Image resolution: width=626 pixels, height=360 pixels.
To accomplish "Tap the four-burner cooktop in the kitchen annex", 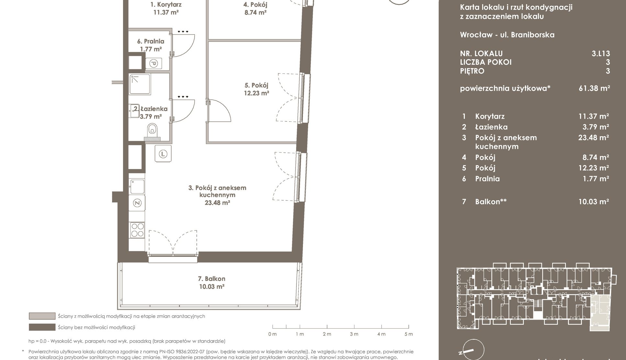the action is [x=137, y=230].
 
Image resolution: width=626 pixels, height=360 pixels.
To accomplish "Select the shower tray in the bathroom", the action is [x=140, y=84].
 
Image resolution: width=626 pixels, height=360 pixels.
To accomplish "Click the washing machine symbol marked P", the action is [x=154, y=63].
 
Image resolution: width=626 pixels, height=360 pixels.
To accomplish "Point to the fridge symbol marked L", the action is [x=163, y=154].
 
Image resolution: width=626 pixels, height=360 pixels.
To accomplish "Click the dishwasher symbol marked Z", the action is [x=137, y=203].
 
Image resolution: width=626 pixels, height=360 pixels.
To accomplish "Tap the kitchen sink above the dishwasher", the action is [x=137, y=186].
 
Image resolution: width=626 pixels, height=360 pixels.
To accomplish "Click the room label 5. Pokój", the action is [x=256, y=85].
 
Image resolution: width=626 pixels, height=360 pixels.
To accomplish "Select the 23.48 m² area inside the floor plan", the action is [x=217, y=203].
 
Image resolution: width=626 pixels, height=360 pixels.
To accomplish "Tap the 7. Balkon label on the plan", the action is [x=212, y=279].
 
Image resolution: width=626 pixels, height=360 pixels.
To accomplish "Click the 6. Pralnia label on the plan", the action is [x=151, y=41].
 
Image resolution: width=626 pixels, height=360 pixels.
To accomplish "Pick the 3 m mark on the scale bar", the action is [x=354, y=334].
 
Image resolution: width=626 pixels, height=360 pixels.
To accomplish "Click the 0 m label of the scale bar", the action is [x=273, y=334].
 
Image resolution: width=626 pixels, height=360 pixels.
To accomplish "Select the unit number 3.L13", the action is [x=601, y=53].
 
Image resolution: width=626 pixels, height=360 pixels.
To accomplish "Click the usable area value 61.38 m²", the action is [x=594, y=88].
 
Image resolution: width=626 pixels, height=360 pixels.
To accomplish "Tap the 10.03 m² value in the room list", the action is [x=594, y=202].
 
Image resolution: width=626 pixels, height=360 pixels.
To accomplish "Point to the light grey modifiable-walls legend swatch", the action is [x=42, y=316].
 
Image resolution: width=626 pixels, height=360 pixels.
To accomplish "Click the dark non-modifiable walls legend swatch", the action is [x=42, y=327].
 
